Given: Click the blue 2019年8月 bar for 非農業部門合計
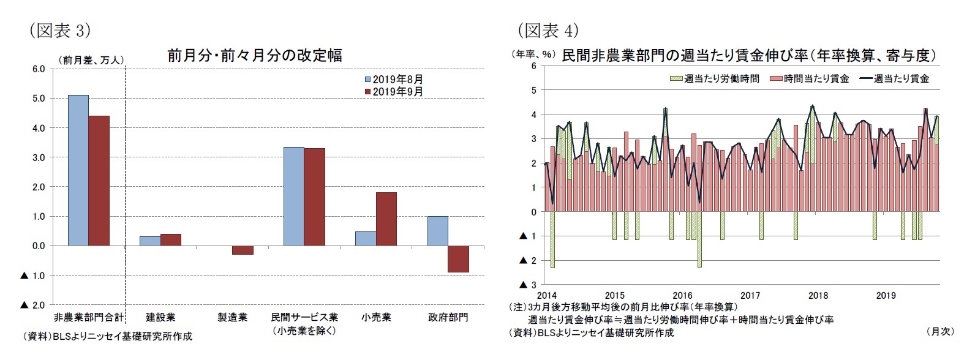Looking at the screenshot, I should [78, 170].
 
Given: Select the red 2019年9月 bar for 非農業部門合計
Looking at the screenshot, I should [99, 181].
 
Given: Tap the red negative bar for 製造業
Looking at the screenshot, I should [243, 250].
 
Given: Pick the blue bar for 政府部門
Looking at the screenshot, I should [437, 231].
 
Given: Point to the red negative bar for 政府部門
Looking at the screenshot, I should [458, 259].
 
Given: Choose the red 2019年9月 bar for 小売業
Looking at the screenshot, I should [386, 219].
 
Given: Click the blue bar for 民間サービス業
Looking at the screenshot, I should [293, 196].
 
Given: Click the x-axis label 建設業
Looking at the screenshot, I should [160, 317].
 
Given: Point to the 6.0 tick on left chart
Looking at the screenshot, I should [38, 69].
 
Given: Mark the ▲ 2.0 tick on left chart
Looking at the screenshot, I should [33, 305].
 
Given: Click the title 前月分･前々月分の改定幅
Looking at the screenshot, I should [255, 56].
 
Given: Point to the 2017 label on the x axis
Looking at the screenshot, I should [750, 295].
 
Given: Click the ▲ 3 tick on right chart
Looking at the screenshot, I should [528, 285].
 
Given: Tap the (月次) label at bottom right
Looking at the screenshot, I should [941, 331].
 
